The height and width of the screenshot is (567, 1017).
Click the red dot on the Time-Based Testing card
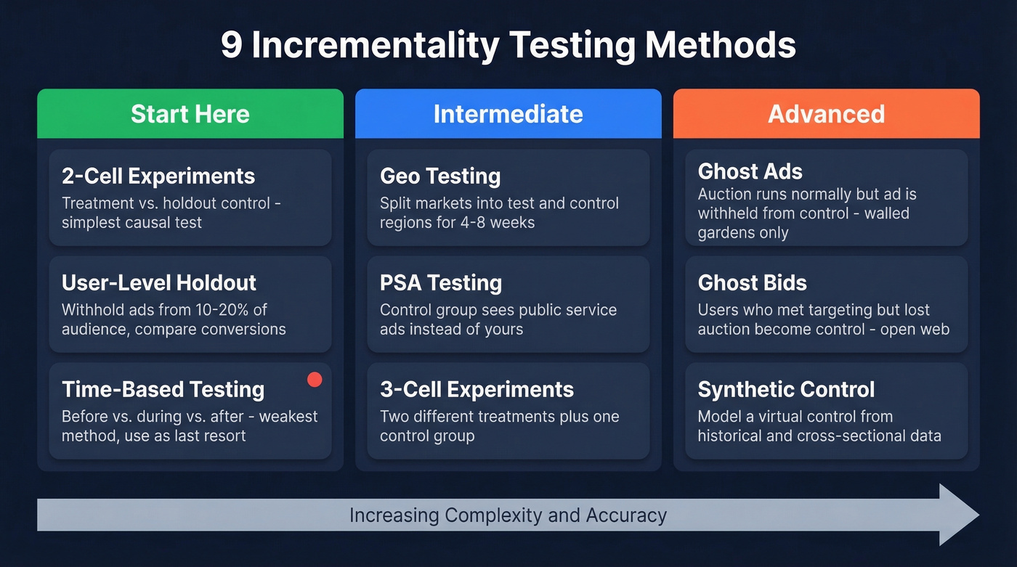pos(315,379)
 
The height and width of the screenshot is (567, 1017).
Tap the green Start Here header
pos(190,114)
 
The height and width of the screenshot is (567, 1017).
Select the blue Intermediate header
pos(508,114)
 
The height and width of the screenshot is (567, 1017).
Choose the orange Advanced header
pos(826,114)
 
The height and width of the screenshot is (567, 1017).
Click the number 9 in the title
pos(231,45)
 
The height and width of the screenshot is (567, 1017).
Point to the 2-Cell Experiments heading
pos(158,176)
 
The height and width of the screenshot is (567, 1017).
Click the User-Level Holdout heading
pos(159,282)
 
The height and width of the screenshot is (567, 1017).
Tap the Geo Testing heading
pos(440,176)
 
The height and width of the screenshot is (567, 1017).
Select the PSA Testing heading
pos(441,282)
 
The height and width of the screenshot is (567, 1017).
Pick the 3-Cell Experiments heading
pos(477,389)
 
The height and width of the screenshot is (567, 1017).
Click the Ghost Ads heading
pos(750,171)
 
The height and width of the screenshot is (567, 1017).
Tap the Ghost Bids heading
pos(752,282)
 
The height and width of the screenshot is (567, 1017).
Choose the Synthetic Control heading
pos(786,389)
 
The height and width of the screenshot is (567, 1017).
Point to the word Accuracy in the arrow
pos(625,515)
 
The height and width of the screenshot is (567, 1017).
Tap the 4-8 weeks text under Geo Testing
pos(494,222)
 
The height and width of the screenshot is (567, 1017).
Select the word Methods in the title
pos(721,45)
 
